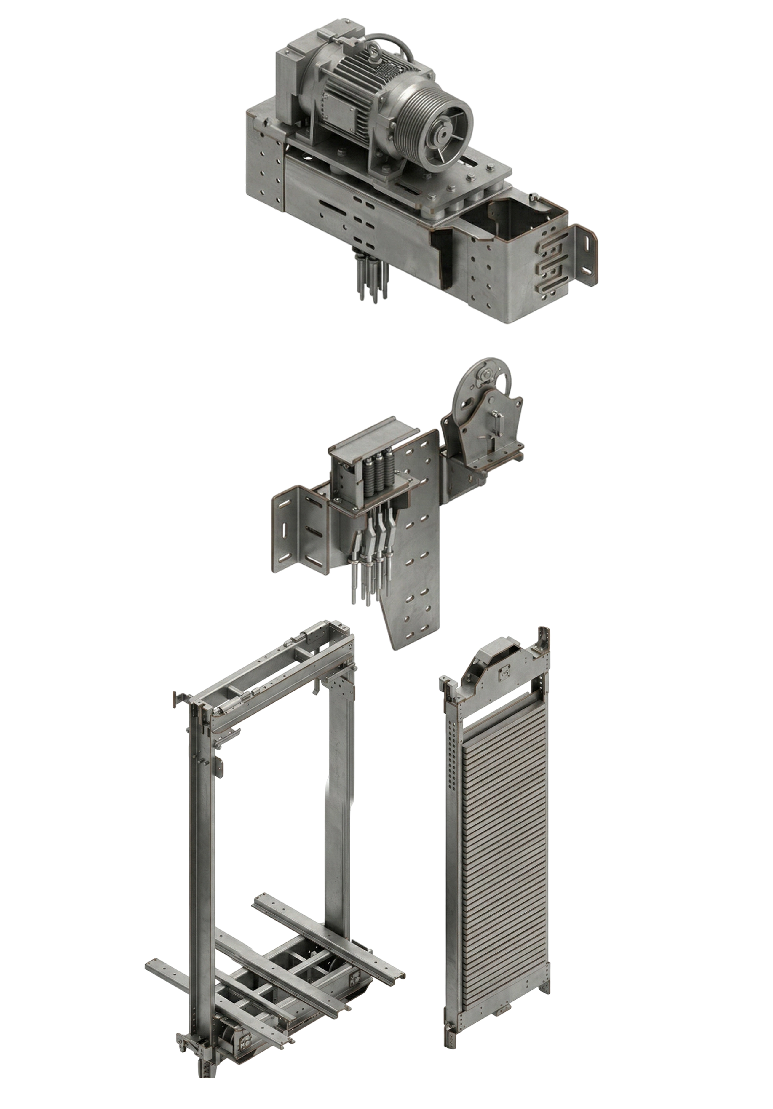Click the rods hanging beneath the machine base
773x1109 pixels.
(372, 280)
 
